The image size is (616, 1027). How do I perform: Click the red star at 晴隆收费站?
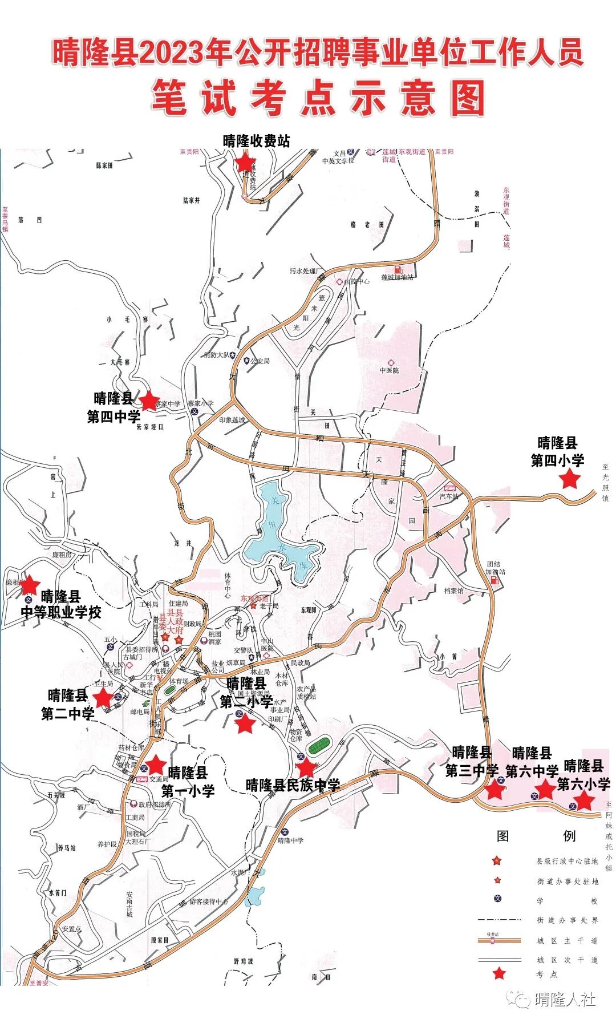[x=245, y=163]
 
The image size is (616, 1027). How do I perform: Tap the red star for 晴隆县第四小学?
[x=569, y=479]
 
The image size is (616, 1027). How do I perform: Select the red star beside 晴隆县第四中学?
[x=149, y=401]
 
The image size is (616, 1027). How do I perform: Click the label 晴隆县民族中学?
[x=293, y=785]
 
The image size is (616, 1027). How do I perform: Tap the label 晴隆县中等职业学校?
[x=61, y=605]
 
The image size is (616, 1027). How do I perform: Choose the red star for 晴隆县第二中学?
[x=103, y=697]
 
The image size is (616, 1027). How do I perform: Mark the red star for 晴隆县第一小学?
[x=156, y=765]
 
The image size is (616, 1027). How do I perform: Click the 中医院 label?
[x=390, y=370]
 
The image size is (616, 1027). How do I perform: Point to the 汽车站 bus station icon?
[x=450, y=488]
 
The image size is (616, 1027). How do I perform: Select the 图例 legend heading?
[x=536, y=836]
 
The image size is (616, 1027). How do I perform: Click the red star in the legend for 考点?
[x=500, y=973]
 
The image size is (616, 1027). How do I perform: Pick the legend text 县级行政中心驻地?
[x=567, y=861]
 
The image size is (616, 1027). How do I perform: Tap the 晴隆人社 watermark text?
[x=565, y=999]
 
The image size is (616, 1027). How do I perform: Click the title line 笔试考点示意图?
[x=318, y=98]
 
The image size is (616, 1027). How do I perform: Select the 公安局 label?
[x=260, y=361]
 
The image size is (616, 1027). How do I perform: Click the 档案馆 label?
[x=454, y=591]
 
